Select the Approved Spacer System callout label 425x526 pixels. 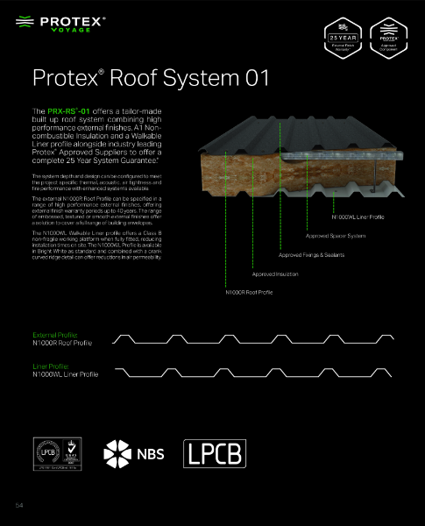pyautogui.click(x=336, y=236)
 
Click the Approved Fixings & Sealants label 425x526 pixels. pyautogui.click(x=311, y=255)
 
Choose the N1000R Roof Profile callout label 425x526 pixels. pyautogui.click(x=250, y=292)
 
